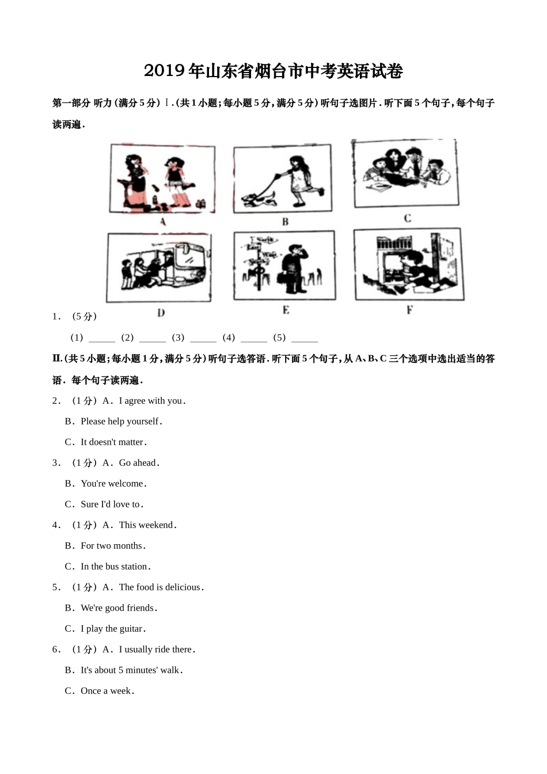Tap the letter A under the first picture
163,222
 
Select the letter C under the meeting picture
408,218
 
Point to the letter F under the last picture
409,310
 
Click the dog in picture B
259,200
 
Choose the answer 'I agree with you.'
153,401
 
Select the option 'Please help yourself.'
121,422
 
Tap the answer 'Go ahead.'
139,463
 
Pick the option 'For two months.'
113,546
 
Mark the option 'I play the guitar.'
113,629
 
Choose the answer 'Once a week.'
108,691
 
